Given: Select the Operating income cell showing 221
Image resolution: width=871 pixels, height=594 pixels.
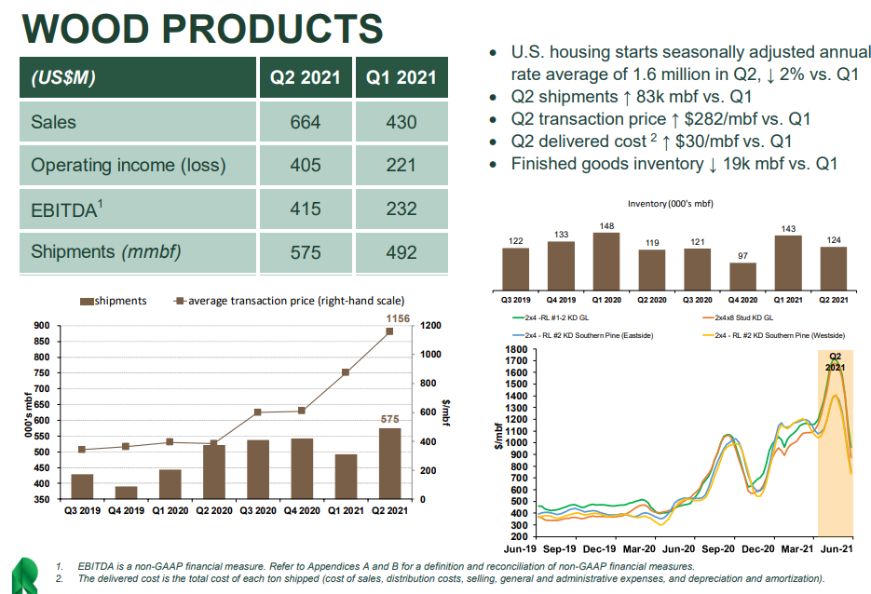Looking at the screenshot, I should (x=401, y=166).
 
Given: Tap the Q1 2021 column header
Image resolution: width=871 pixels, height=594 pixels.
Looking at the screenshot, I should (x=401, y=78).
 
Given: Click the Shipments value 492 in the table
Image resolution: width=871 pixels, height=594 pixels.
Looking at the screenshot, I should (x=401, y=252).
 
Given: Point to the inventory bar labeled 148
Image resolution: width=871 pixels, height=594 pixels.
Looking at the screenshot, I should (x=606, y=261).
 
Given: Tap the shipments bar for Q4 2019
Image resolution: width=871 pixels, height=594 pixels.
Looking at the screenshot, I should (x=126, y=493).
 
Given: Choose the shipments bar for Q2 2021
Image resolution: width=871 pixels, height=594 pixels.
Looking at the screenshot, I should (x=389, y=464).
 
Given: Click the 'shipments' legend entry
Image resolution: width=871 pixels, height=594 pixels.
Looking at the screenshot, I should (x=114, y=301).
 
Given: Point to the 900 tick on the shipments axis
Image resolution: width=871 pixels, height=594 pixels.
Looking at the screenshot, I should (x=41, y=326).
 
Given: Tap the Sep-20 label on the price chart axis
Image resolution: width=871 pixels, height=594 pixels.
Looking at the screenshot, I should (x=716, y=550).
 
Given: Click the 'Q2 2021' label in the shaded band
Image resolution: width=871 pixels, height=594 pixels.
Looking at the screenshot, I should (x=835, y=361).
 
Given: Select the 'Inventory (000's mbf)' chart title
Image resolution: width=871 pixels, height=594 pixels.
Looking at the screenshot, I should (x=670, y=203).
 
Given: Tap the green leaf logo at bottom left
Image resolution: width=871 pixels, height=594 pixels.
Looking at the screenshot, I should (x=23, y=574).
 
